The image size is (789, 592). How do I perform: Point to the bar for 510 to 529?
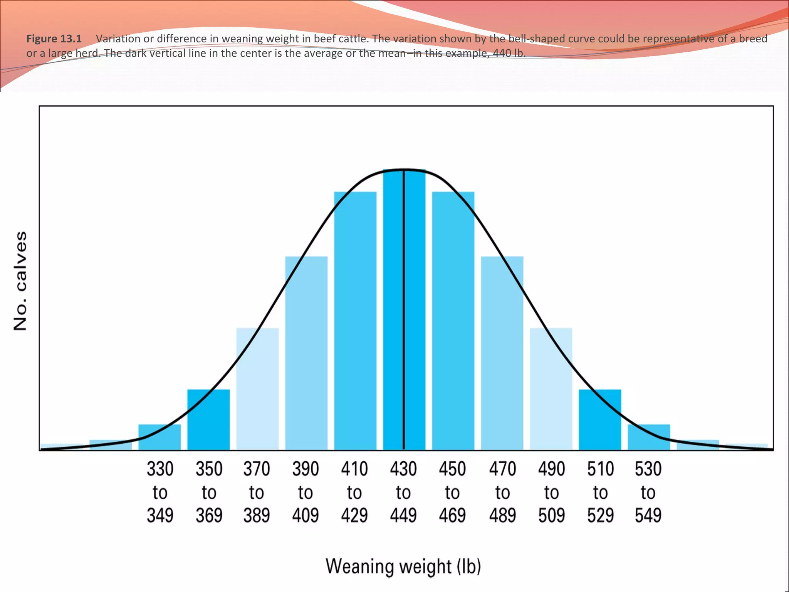(x=600, y=420)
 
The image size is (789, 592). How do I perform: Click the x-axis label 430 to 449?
(x=403, y=492)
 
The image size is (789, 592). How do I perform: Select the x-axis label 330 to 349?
(x=160, y=492)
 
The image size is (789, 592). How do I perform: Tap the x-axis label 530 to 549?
(x=648, y=492)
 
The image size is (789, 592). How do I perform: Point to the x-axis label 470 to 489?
(x=502, y=492)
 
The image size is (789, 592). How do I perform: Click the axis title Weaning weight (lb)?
(x=403, y=567)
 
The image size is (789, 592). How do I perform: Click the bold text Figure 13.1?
(x=54, y=39)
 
